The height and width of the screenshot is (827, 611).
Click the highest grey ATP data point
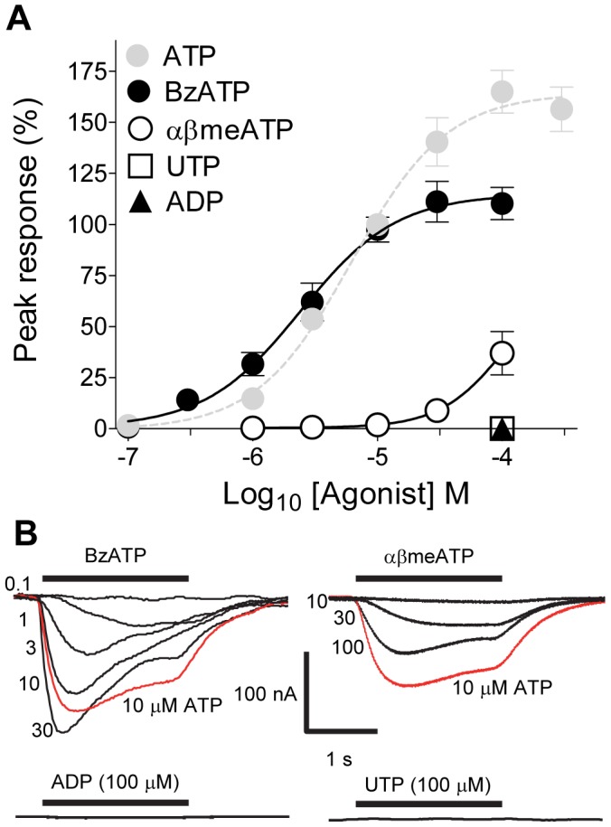pyautogui.click(x=502, y=92)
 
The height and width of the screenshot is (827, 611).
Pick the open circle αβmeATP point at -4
pyautogui.click(x=502, y=353)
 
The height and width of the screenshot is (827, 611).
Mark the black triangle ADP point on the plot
pyautogui.click(x=502, y=428)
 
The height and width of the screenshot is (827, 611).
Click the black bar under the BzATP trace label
pyautogui.click(x=116, y=577)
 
